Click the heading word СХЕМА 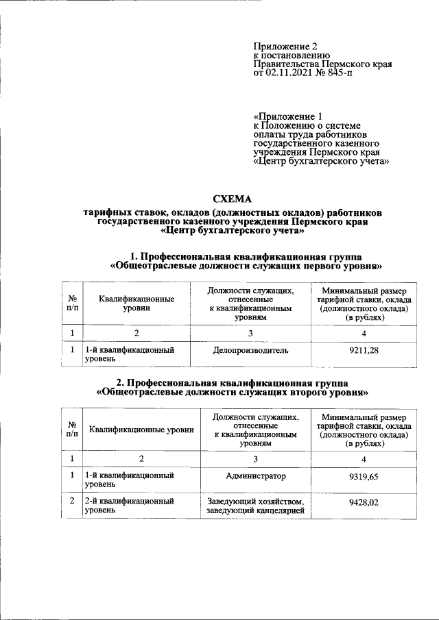tap(233, 199)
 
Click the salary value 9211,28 tap(364, 351)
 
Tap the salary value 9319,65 tap(364, 476)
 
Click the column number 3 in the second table tap(255, 458)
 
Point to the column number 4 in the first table tap(364, 333)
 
